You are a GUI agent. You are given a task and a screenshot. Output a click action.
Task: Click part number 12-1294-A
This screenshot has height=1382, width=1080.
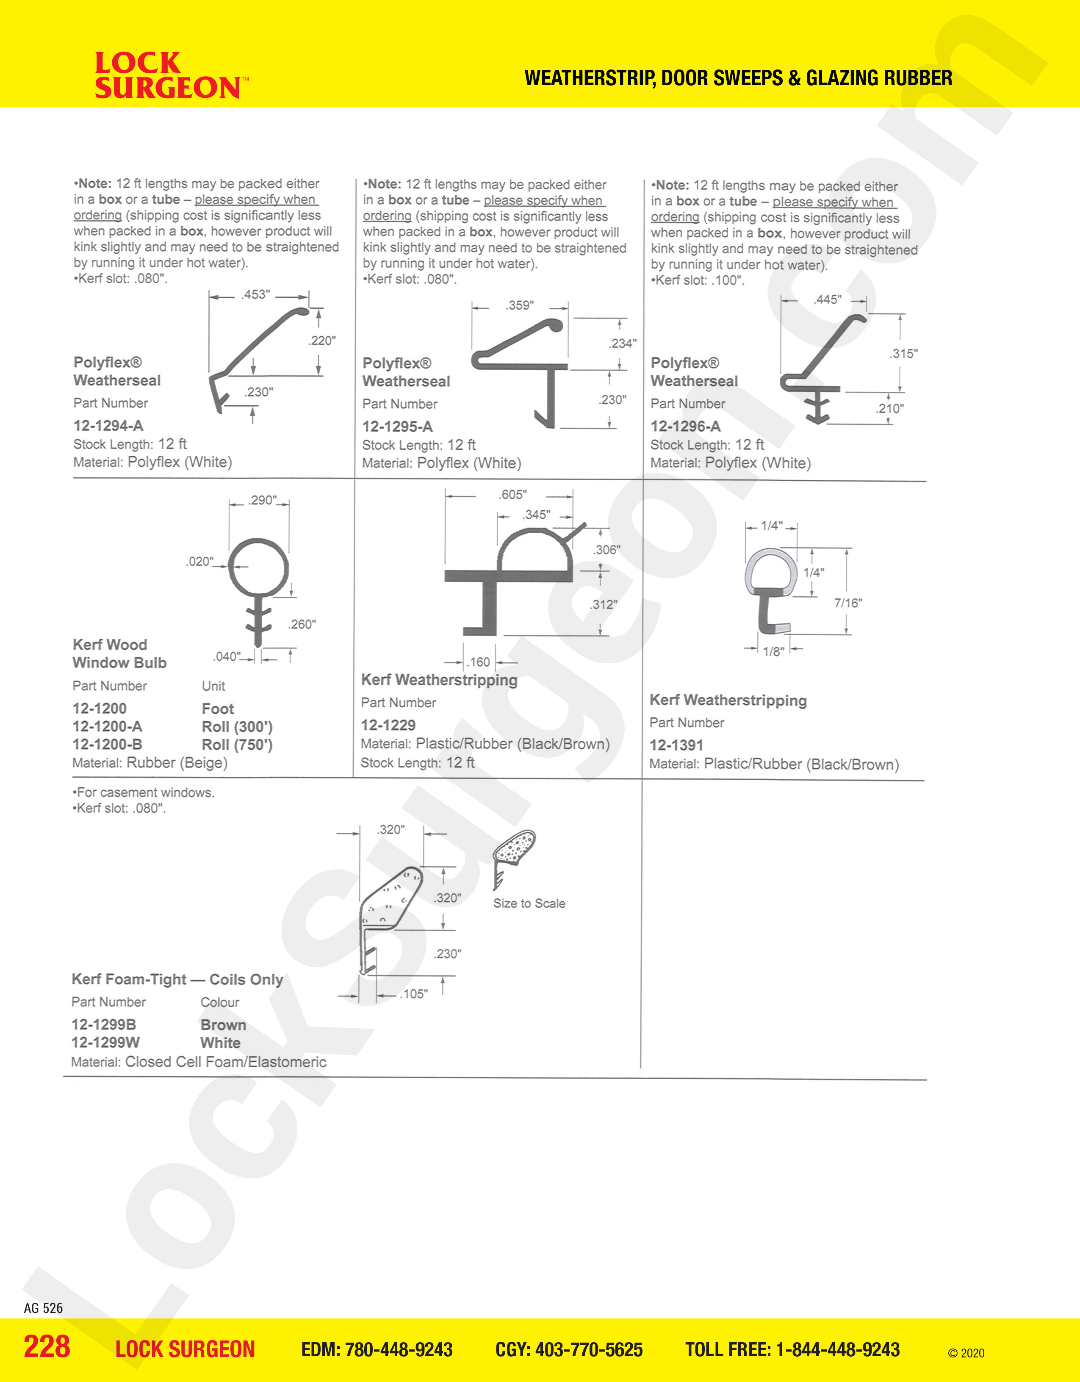coord(108,426)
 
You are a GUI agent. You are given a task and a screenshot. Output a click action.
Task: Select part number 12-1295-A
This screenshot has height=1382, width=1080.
coord(397,427)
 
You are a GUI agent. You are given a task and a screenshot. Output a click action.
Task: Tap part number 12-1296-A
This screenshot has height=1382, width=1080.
coord(685,426)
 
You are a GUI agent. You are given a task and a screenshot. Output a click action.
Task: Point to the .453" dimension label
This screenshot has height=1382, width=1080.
coord(256,294)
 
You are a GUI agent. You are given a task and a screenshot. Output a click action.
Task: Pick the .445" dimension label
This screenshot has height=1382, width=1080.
coord(827,299)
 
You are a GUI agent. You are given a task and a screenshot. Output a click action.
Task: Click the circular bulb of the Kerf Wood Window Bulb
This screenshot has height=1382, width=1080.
coord(258,567)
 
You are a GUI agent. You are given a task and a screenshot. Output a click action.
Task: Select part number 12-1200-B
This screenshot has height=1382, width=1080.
coord(108,745)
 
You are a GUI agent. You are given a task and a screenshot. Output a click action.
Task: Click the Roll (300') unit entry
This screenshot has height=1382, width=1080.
coord(237,726)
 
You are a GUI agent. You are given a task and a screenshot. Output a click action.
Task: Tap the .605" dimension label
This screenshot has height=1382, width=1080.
coord(512,495)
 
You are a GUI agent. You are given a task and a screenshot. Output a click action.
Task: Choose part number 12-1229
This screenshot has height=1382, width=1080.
coord(388,725)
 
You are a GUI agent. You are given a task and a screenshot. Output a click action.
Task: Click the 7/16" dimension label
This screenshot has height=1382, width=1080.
coord(848,603)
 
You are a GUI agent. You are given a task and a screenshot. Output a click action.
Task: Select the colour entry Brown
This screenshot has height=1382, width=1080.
coord(223,1025)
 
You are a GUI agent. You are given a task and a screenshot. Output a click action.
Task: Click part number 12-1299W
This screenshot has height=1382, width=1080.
coord(105,1042)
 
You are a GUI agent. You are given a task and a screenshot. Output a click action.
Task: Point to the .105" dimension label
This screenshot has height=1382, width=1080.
coord(414,994)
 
